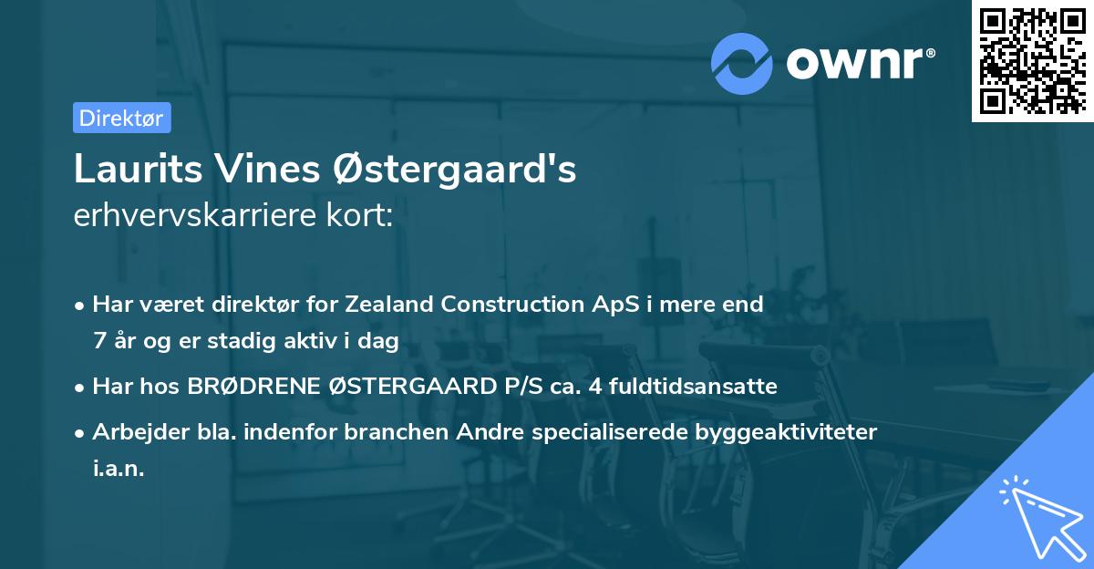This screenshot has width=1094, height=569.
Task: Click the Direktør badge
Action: tap(121, 118)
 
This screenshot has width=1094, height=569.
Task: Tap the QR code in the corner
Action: tap(1031, 61)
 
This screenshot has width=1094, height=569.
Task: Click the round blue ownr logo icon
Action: tap(742, 63)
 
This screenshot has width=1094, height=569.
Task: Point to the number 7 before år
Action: tap(98, 341)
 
